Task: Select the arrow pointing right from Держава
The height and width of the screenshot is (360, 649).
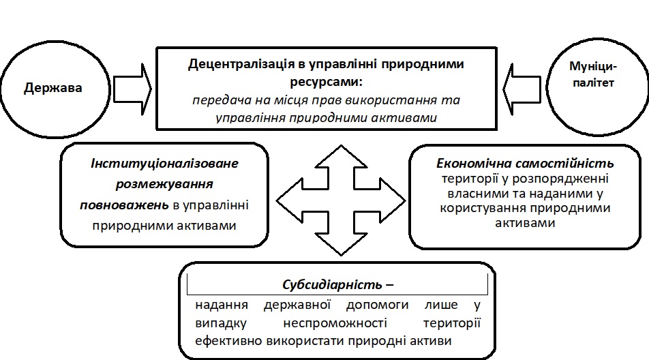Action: click(x=132, y=87)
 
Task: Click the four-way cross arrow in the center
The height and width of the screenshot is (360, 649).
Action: click(x=339, y=198)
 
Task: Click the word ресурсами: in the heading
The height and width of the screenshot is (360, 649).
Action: click(x=327, y=81)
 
